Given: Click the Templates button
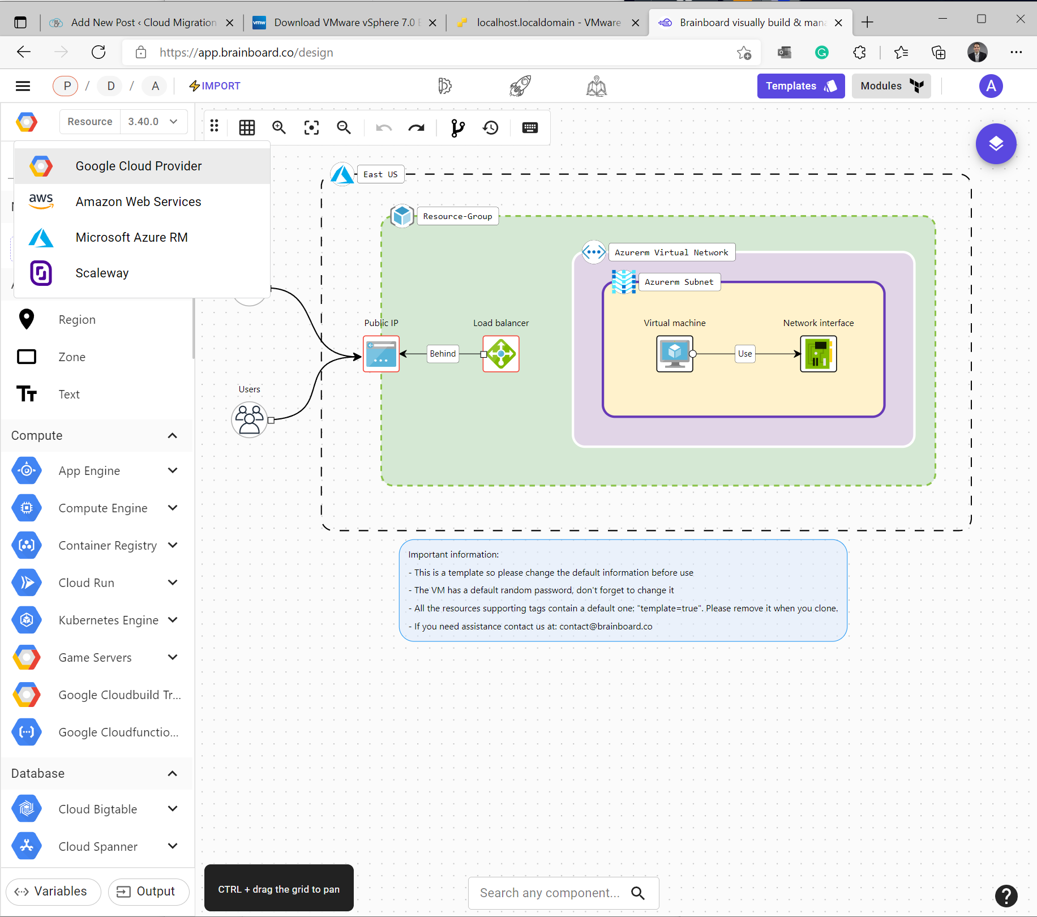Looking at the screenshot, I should click(x=800, y=86).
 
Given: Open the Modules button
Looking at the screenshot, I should click(x=891, y=86).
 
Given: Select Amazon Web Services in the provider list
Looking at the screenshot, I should click(x=138, y=202).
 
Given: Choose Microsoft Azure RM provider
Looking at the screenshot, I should click(x=131, y=238).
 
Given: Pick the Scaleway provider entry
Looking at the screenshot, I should click(x=102, y=273).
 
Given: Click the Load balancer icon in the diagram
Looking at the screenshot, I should click(x=501, y=354).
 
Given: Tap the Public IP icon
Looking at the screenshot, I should click(x=381, y=354).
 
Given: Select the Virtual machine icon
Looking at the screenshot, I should click(x=674, y=354).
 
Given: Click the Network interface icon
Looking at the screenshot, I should click(x=818, y=354).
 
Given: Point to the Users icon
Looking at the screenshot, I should click(x=249, y=419).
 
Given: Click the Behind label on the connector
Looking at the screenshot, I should click(x=443, y=354).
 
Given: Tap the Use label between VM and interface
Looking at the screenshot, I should click(x=745, y=354).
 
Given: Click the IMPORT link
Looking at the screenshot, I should click(x=215, y=86).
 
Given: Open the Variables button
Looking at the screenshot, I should click(x=53, y=892).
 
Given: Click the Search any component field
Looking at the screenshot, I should click(x=550, y=893).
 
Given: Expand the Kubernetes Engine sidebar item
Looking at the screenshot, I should click(x=173, y=620).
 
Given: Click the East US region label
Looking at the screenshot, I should click(x=380, y=174).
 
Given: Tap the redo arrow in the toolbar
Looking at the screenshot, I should click(x=416, y=128).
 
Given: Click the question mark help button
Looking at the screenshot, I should click(x=1006, y=895).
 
